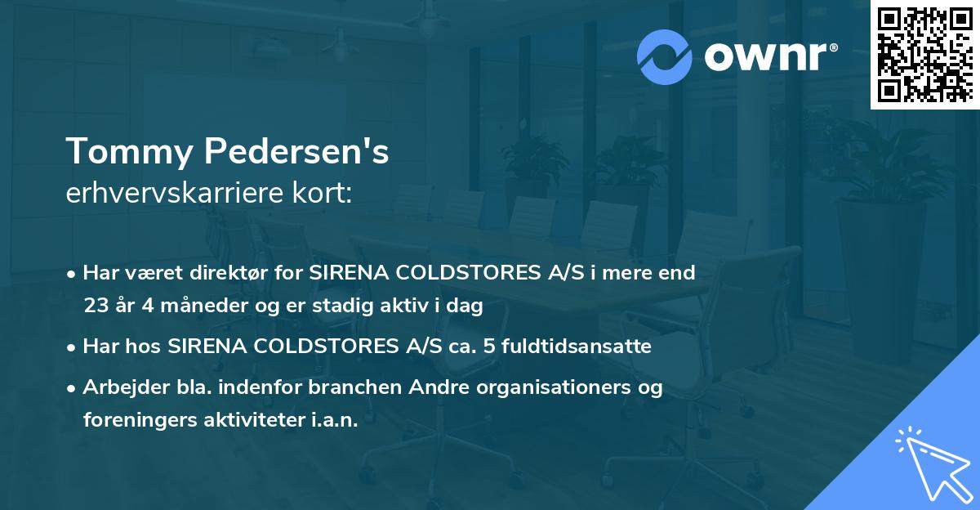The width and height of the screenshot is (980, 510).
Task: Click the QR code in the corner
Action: tap(924, 55)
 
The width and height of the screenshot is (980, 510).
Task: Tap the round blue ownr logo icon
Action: tap(665, 56)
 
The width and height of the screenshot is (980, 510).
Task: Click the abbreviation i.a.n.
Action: tap(335, 420)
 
